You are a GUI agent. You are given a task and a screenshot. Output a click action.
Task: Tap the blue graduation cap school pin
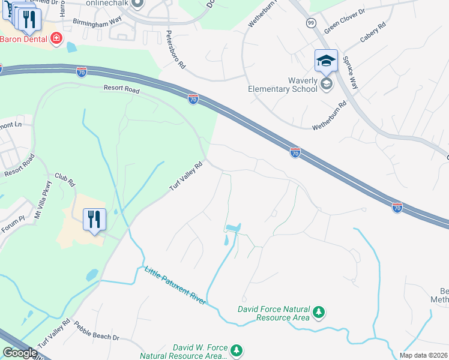click(327, 61)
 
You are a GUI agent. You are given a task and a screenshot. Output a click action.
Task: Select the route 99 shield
click(310, 23)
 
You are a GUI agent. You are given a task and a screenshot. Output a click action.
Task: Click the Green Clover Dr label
click(345, 21)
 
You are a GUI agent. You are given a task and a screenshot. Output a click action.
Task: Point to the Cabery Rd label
click(373, 34)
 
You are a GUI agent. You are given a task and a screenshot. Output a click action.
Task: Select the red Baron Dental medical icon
click(57, 39)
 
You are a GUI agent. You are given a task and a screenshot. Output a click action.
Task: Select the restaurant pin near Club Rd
click(95, 220)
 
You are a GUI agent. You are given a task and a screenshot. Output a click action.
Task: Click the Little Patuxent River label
click(175, 286)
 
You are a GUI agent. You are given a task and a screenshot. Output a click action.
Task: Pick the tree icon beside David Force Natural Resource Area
click(319, 312)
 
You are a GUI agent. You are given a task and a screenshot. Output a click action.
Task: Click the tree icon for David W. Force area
click(237, 350)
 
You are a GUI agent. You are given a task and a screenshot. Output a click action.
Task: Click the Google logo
click(20, 352)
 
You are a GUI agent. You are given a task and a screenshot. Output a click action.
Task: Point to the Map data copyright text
click(423, 355)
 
